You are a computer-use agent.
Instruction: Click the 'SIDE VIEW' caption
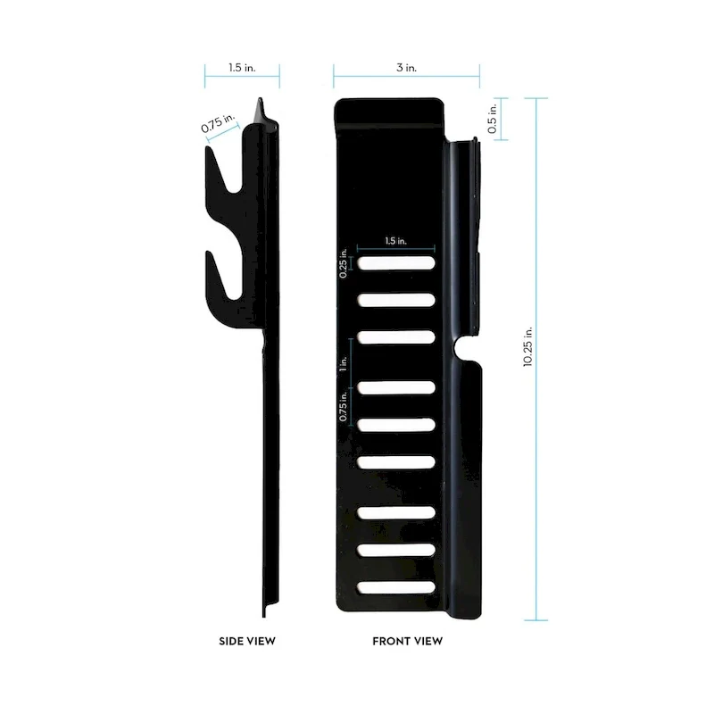pyautogui.click(x=247, y=641)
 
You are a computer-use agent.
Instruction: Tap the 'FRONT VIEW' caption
pyautogui.click(x=407, y=641)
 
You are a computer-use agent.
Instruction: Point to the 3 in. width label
pyautogui.click(x=407, y=67)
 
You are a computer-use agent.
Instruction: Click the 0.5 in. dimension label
pyautogui.click(x=492, y=119)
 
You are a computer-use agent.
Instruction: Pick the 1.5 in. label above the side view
pyautogui.click(x=241, y=67)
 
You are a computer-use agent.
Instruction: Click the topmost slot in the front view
pyautogui.click(x=396, y=263)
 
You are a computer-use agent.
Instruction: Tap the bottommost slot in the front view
pyautogui.click(x=396, y=587)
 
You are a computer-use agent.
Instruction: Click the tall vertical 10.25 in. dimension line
pyautogui.click(x=536, y=446)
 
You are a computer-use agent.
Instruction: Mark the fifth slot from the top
pyautogui.click(x=396, y=425)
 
